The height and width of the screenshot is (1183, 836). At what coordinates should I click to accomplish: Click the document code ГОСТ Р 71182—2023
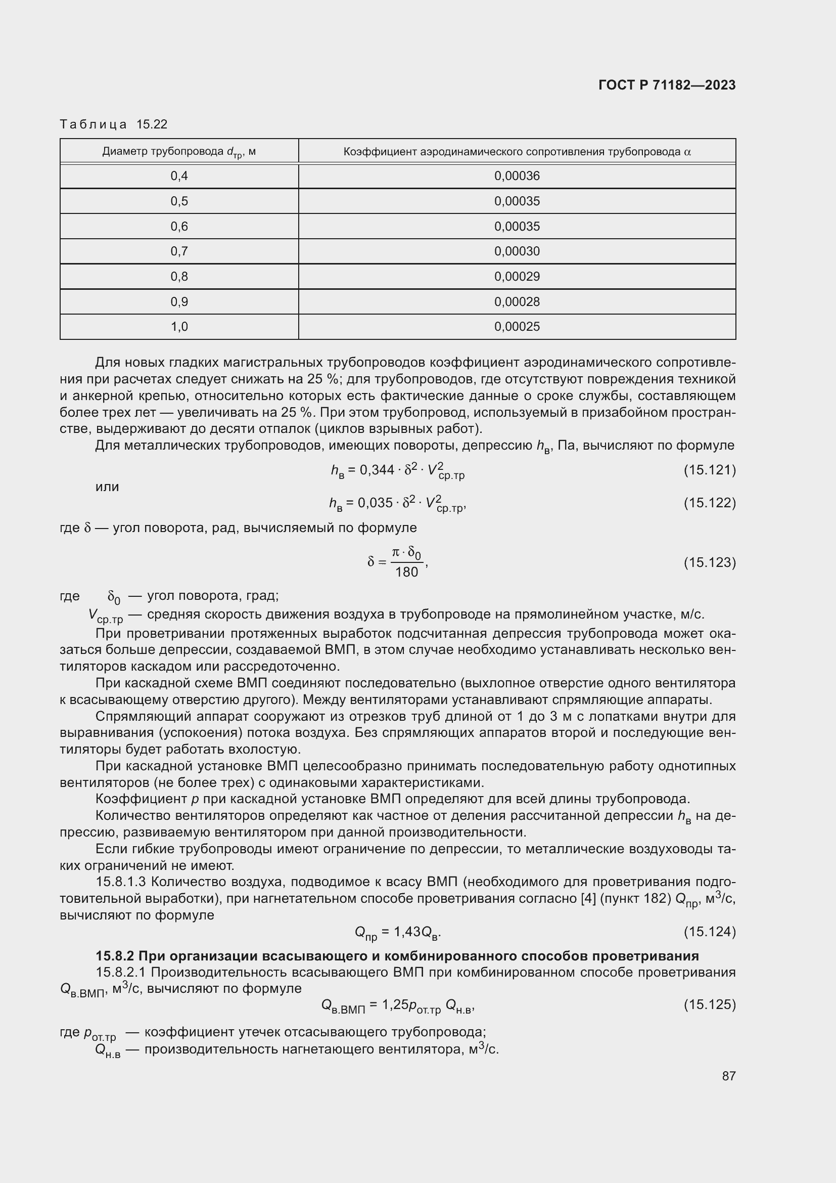click(x=667, y=85)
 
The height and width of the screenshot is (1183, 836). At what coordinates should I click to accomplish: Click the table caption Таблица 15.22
click(x=113, y=124)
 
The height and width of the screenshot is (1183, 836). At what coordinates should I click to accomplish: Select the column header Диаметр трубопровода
click(x=178, y=152)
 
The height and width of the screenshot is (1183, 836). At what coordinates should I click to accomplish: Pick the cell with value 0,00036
click(x=517, y=176)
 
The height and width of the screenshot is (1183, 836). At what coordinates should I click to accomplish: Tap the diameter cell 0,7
click(x=178, y=251)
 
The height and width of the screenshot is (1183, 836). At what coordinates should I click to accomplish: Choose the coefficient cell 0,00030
click(x=517, y=251)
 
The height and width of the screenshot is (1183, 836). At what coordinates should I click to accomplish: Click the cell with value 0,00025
click(x=517, y=327)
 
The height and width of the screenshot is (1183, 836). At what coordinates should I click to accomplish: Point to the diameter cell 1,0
click(x=178, y=327)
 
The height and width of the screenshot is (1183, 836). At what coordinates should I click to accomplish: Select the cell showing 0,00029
click(x=517, y=277)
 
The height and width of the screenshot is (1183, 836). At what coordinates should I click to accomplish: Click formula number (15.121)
click(x=709, y=470)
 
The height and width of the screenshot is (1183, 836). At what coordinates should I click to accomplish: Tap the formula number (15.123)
click(x=709, y=562)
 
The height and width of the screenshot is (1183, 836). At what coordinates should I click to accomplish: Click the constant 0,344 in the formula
click(x=377, y=470)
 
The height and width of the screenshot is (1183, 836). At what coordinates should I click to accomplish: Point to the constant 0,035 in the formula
click(x=375, y=503)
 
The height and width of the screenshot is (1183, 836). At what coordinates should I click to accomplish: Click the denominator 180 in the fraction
click(x=406, y=573)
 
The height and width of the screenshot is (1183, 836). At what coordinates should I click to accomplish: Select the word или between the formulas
click(x=107, y=487)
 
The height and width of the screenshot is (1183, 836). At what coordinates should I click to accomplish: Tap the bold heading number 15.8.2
click(x=115, y=956)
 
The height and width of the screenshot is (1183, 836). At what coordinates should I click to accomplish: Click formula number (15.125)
click(x=709, y=1004)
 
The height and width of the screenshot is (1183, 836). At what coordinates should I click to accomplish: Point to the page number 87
click(x=728, y=1076)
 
